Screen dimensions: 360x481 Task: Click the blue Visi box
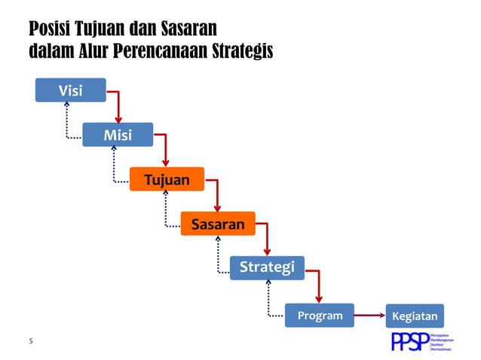[71, 90]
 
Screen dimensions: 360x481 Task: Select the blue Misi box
[118, 135]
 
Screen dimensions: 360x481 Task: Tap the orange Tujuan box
[167, 179]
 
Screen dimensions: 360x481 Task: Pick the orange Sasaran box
[218, 224]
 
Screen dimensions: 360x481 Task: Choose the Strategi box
[267, 267]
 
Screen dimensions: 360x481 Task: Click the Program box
[320, 316]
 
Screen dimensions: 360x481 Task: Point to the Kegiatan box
[415, 316]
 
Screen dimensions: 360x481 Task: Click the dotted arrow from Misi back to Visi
[67, 124]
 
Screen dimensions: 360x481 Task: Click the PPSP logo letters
[409, 341]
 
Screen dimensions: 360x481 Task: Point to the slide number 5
[31, 341]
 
